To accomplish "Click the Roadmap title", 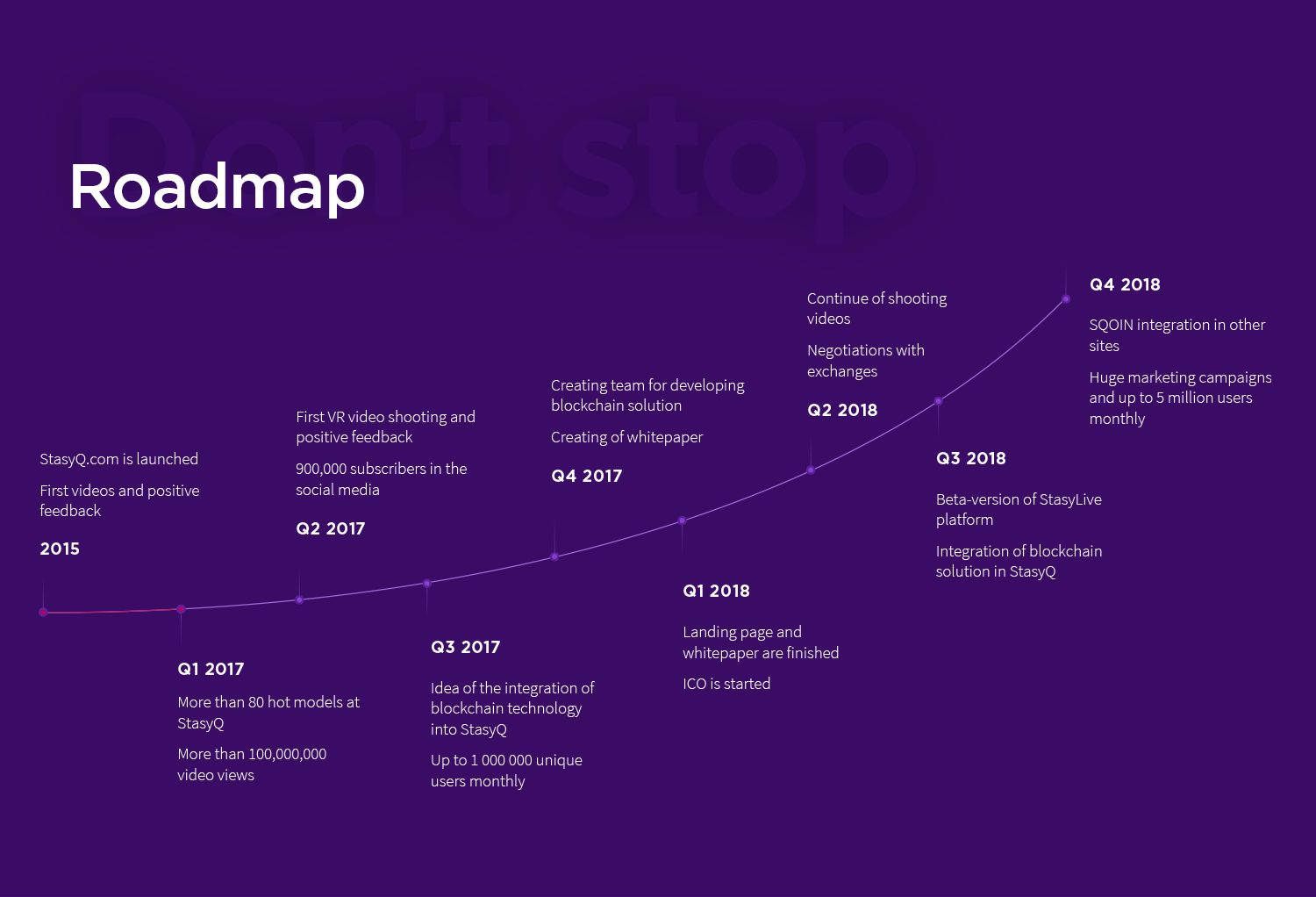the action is point(217,188).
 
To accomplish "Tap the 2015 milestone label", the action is point(60,549).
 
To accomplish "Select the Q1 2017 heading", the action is point(211,669).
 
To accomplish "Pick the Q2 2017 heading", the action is point(330,528).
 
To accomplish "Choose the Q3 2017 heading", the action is point(465,647).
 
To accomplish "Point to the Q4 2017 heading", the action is point(586,476).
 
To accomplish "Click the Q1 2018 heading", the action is point(716,591).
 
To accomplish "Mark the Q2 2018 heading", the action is point(842,410).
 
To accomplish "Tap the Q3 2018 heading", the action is point(970,458).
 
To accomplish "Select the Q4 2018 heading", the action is point(1125,284).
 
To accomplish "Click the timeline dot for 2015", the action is point(43,612).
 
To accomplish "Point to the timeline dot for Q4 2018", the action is point(1066,299).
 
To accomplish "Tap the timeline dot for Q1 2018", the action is point(682,520).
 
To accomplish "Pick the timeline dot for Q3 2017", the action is point(427,583).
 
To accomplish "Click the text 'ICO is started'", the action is point(726,684).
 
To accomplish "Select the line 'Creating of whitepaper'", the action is point(627,437).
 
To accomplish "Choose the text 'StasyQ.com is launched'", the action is point(118,459).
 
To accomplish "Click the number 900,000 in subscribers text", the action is point(321,469).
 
